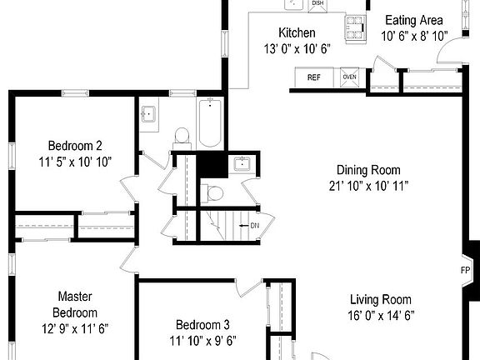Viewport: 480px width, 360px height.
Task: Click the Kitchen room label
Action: click(297, 32)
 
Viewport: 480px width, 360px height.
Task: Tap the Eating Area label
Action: click(414, 20)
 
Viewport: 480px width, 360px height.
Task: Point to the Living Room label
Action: click(380, 300)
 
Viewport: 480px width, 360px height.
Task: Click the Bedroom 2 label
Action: click(75, 143)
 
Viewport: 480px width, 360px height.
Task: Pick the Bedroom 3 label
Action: click(205, 324)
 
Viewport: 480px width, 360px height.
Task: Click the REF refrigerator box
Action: click(314, 77)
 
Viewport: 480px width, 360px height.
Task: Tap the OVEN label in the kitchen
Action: click(350, 77)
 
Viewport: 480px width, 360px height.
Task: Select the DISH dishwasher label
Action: click(317, 4)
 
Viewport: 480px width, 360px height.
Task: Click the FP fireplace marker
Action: click(466, 270)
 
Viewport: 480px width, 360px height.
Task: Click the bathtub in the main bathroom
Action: click(209, 122)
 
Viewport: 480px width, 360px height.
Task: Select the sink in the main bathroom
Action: click(150, 116)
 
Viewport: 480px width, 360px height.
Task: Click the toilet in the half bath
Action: click(213, 193)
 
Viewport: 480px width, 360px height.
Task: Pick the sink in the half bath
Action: click(242, 163)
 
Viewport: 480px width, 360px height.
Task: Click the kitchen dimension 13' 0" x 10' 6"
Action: click(297, 48)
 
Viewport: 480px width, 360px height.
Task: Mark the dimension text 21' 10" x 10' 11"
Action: click(367, 185)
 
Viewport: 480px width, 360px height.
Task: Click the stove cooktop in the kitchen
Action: click(356, 27)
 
